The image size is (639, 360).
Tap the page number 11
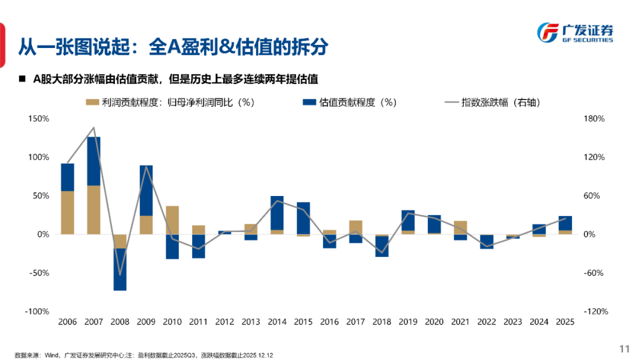[624, 348]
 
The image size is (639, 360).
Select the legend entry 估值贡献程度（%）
[349, 102]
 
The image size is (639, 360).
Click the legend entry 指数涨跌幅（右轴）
[492, 102]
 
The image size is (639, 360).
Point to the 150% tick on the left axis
[38, 119]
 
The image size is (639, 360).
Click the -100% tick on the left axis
[37, 311]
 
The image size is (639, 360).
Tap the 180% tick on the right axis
[593, 119]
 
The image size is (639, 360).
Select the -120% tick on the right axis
[595, 311]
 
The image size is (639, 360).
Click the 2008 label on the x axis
[120, 322]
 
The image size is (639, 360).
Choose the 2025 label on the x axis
[565, 322]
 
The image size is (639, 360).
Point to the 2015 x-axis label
[303, 322]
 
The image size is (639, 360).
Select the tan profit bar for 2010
[172, 220]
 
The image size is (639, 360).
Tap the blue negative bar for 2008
[120, 269]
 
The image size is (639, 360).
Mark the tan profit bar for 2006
[67, 213]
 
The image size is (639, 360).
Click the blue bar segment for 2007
[93, 161]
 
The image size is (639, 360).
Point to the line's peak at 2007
[93, 128]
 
